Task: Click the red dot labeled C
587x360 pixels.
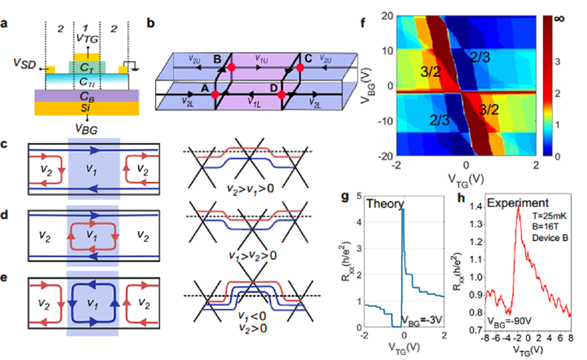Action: pyautogui.click(x=300, y=66)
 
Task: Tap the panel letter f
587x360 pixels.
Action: pyautogui.click(x=363, y=21)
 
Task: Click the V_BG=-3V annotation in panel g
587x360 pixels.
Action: pyautogui.click(x=422, y=318)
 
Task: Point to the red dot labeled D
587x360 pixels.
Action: pyautogui.click(x=281, y=94)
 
